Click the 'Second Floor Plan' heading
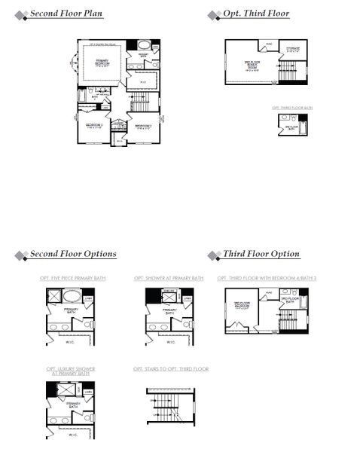[x=67, y=14]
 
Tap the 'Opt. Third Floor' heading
[x=256, y=14]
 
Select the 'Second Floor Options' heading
[x=73, y=255]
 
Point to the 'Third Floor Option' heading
[x=261, y=255]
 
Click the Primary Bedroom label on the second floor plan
[x=102, y=63]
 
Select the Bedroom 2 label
[x=144, y=126]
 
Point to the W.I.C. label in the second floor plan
[x=142, y=82]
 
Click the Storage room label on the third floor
[x=292, y=50]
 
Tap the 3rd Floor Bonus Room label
[x=252, y=63]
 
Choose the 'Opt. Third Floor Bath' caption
[x=291, y=108]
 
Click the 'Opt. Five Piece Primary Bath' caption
[x=73, y=279]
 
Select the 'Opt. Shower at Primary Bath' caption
[x=169, y=279]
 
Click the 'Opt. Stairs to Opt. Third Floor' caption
[x=171, y=368]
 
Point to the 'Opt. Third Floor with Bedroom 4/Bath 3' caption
[x=265, y=279]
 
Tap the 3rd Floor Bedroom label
[x=241, y=305]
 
